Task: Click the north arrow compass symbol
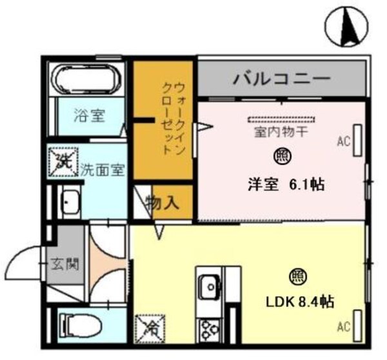click(346, 26)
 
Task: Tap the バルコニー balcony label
click(282, 79)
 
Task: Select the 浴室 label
click(90, 115)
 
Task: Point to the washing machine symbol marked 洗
click(64, 162)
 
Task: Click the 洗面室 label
click(103, 170)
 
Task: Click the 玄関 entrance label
click(65, 265)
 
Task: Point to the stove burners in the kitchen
click(210, 330)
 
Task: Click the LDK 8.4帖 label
click(300, 302)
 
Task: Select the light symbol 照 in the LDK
click(298, 277)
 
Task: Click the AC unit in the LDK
click(357, 326)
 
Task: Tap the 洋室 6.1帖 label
click(286, 185)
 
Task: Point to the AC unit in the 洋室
click(357, 141)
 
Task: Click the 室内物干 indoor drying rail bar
click(282, 119)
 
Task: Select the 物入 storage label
click(162, 203)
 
